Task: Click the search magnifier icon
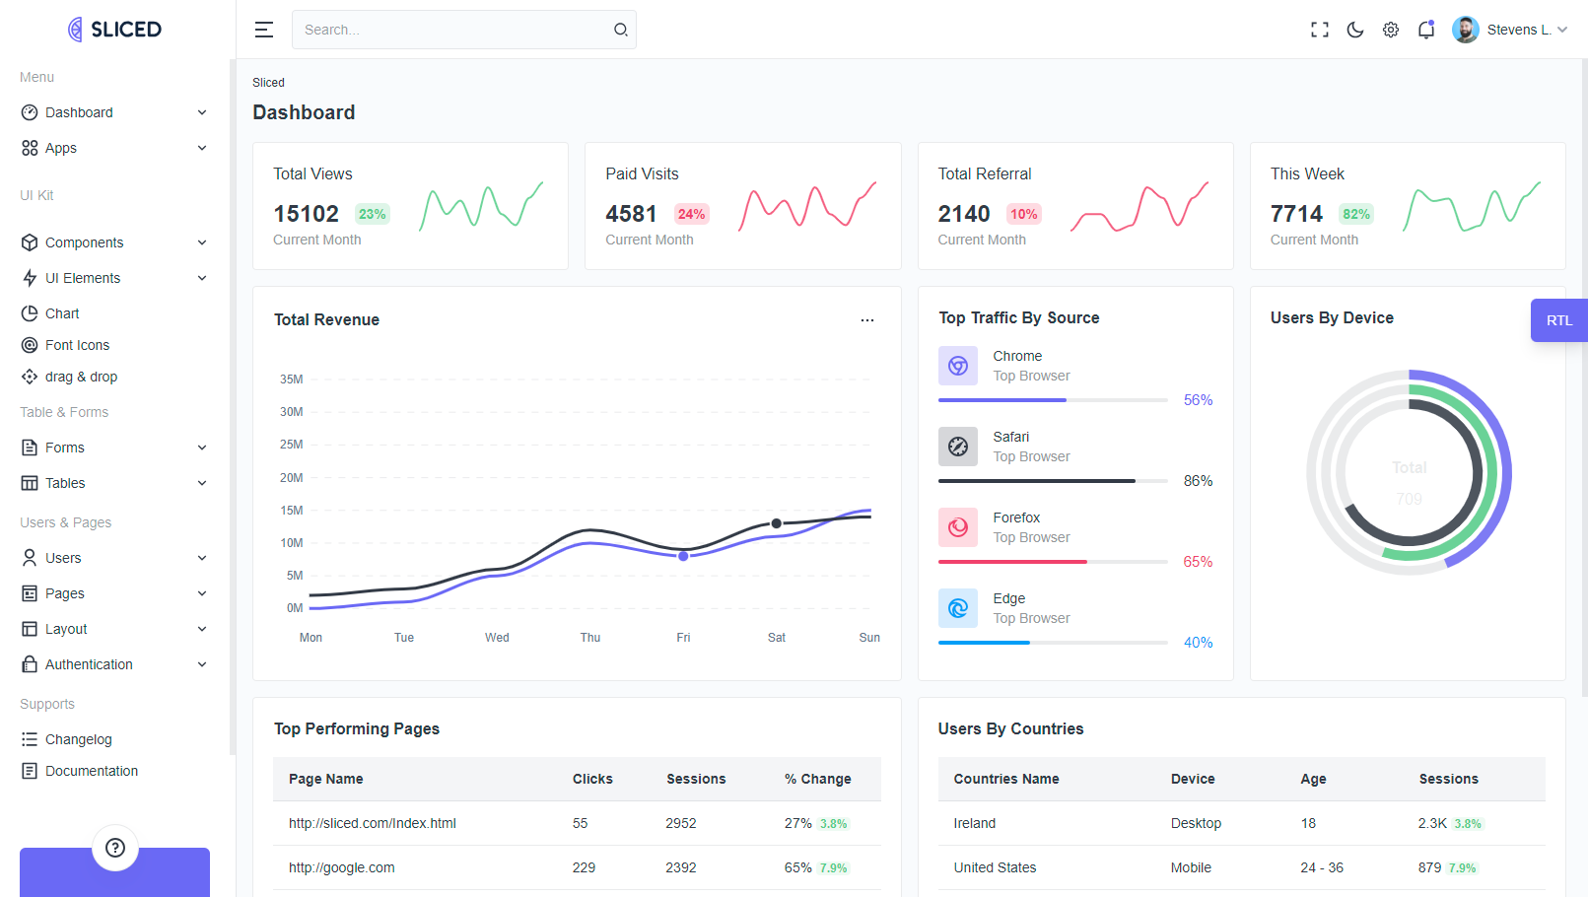pos(621,30)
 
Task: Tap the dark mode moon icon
pos(1355,30)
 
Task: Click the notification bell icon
pos(1426,30)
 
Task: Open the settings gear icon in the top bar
pos(1391,30)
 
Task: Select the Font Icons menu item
pos(77,345)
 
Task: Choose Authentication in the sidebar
pos(89,664)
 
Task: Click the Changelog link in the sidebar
pos(78,739)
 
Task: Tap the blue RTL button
pos(1558,320)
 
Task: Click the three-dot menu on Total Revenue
pos(867,320)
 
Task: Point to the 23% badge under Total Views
pos(372,214)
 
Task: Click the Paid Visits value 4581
pos(631,214)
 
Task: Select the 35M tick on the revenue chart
pos(292,379)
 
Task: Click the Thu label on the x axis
pos(590,638)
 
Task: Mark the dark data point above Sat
pos(777,523)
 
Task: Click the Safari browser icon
pos(958,447)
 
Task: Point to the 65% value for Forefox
pos(1198,562)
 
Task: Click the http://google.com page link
pos(341,867)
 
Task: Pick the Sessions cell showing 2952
pos(681,823)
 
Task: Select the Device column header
pos(1193,779)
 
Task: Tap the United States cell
pos(995,867)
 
